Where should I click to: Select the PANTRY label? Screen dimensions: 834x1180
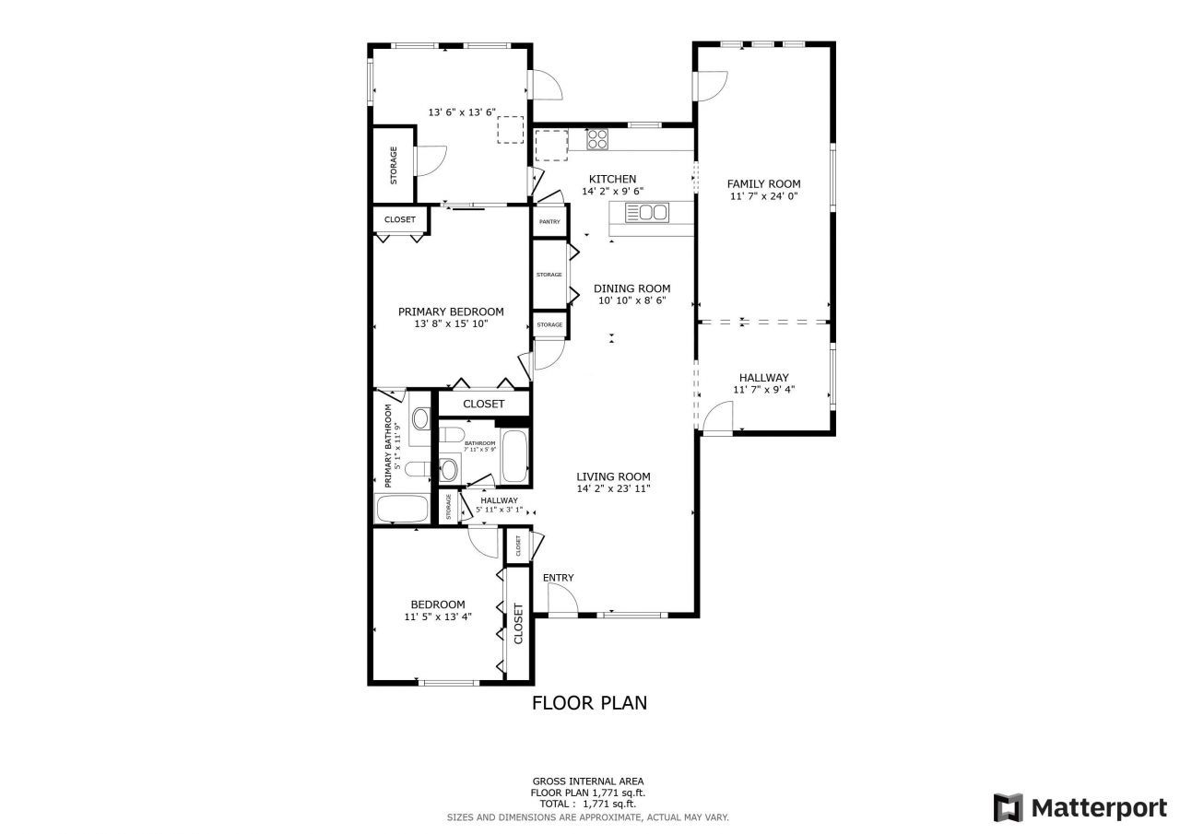point(549,222)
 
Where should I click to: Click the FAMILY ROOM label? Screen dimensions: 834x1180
point(763,183)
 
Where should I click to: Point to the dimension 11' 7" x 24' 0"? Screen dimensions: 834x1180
point(763,196)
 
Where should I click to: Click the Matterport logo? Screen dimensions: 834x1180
point(1080,807)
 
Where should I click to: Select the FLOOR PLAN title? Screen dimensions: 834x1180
point(589,703)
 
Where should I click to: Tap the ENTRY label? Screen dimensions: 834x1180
point(558,578)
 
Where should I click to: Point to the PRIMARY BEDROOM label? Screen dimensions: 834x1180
point(451,311)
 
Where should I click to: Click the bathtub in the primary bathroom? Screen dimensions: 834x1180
point(402,509)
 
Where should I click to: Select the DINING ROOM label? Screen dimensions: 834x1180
point(631,288)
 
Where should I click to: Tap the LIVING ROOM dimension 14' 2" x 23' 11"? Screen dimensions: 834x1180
point(613,488)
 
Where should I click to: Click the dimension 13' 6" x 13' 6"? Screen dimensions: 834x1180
point(462,112)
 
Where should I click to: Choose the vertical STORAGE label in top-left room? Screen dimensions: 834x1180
point(394,165)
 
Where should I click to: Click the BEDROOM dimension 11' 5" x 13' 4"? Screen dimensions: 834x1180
point(438,617)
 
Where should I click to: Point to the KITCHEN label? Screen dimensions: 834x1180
point(612,179)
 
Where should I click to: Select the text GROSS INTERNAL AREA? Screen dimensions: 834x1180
point(587,781)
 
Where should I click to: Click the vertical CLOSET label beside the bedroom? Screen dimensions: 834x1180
point(518,624)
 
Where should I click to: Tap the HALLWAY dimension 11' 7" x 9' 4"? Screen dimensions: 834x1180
point(763,390)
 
